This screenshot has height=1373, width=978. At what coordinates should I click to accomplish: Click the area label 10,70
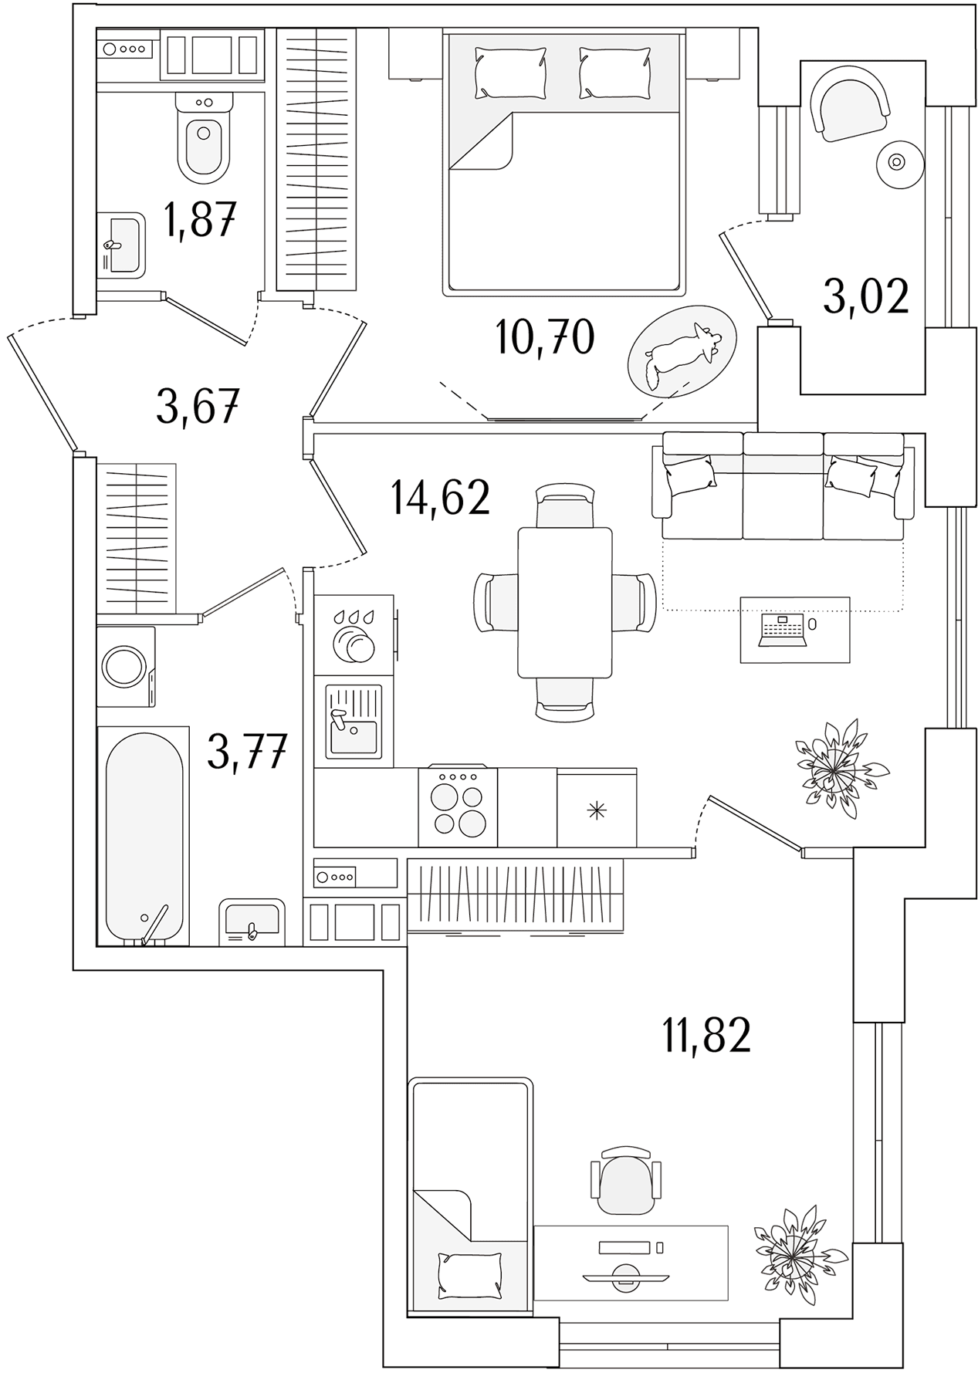545,337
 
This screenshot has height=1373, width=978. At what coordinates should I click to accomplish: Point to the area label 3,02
866,296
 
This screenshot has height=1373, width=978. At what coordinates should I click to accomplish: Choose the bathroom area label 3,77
247,752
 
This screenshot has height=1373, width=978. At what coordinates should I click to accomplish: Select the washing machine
126,666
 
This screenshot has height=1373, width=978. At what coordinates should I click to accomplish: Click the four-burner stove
458,807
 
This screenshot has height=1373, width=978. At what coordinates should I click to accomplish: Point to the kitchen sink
354,722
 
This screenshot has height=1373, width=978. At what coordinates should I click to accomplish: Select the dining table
565,602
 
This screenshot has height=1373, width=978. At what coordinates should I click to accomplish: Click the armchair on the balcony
850,102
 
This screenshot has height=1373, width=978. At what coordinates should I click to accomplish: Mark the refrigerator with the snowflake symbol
597,808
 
